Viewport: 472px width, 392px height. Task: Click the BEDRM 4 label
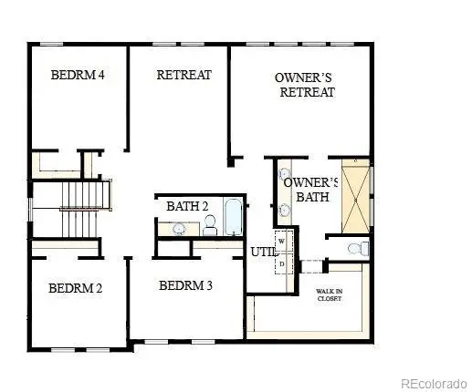tap(77, 75)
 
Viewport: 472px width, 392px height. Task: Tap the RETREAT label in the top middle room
tap(184, 75)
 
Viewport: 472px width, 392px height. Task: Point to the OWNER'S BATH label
tap(310, 189)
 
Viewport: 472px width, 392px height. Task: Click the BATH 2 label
tap(187, 206)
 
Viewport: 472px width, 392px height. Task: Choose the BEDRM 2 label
tap(75, 288)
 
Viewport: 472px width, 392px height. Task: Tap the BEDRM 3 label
tap(185, 285)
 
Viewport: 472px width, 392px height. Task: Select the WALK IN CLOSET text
tap(330, 294)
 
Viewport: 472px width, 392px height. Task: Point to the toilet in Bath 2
tap(210, 224)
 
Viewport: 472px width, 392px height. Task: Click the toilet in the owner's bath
tap(360, 247)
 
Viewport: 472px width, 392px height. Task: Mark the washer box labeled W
tap(282, 242)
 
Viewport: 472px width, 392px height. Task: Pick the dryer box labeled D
tap(282, 263)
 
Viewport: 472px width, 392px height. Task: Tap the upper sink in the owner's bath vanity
tap(284, 173)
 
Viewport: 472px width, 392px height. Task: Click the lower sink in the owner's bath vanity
tap(284, 210)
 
